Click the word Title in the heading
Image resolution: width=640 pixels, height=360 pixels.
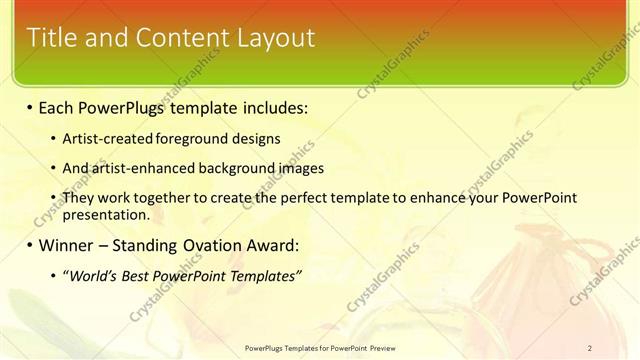[50, 38]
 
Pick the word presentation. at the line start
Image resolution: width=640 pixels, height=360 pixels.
[106, 214]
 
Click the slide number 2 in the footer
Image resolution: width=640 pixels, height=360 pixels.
[590, 347]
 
